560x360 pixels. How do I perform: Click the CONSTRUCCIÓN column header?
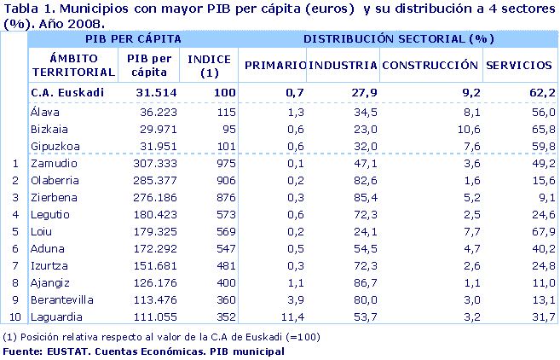coord(430,65)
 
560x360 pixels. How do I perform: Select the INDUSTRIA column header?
coord(343,65)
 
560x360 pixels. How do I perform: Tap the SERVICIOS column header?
coord(518,65)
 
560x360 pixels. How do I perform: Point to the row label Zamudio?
coord(53,163)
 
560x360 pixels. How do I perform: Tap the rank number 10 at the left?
coord(14,316)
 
